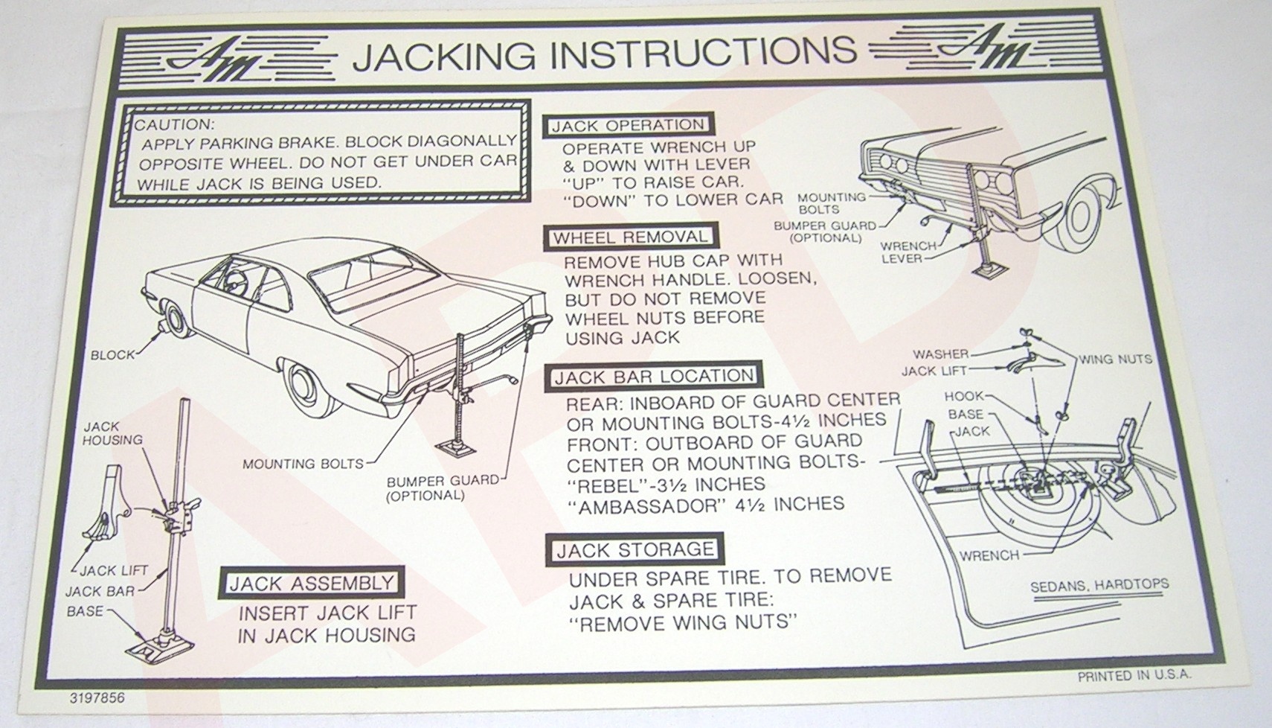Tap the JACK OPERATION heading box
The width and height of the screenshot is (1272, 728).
[627, 126]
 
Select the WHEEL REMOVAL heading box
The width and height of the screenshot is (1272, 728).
[629, 237]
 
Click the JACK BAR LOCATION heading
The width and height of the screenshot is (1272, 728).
[653, 377]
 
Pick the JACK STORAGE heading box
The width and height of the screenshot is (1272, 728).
[635, 550]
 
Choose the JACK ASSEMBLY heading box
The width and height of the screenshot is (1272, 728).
[311, 583]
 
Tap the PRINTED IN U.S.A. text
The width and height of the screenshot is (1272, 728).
[1134, 676]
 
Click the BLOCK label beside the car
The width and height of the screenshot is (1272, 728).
[113, 355]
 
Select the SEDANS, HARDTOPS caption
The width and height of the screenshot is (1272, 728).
[1099, 585]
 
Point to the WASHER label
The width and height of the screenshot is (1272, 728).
[940, 354]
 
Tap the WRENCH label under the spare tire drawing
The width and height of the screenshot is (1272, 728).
[989, 555]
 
